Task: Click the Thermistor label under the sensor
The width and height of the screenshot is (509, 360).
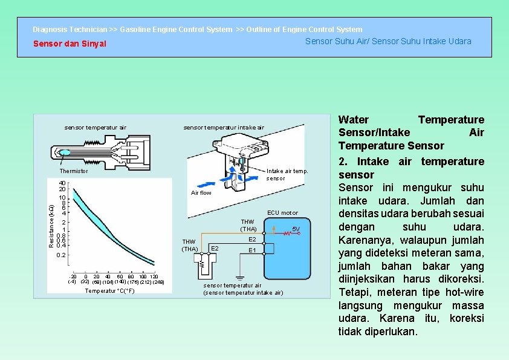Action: click(x=74, y=171)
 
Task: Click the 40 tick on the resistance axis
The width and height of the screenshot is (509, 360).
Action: click(x=62, y=183)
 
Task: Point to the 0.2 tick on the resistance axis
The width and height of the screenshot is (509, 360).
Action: click(x=61, y=255)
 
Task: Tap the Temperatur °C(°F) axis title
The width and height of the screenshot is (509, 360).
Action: click(x=109, y=291)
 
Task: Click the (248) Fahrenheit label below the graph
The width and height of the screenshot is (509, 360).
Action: click(x=158, y=282)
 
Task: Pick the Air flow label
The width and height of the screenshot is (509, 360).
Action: click(x=201, y=193)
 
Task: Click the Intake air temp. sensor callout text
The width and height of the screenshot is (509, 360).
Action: click(x=287, y=174)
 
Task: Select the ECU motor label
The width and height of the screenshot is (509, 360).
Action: click(x=282, y=212)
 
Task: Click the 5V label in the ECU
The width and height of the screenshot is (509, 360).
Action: click(x=296, y=229)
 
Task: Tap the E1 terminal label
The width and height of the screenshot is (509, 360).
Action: click(x=253, y=250)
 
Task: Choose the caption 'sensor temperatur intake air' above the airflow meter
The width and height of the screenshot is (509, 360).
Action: click(x=224, y=128)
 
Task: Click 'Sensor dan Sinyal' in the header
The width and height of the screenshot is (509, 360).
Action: click(x=70, y=44)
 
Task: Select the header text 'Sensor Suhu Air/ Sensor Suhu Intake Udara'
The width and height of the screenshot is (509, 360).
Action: click(x=388, y=41)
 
